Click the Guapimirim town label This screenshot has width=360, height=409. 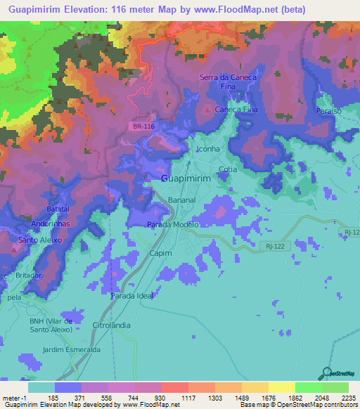pyautogui.click(x=189, y=179)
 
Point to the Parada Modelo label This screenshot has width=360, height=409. pyautogui.click(x=173, y=224)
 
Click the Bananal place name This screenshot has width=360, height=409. pyautogui.click(x=182, y=200)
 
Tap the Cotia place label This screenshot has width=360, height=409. pyautogui.click(x=229, y=170)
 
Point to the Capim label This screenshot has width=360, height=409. pyautogui.click(x=161, y=252)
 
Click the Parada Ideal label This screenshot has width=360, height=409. pyautogui.click(x=131, y=296)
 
